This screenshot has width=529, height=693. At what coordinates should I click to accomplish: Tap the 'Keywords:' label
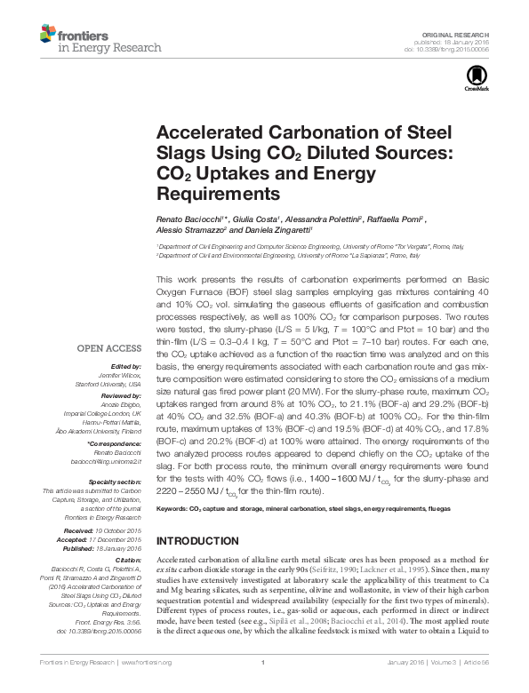(x=172, y=511)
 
